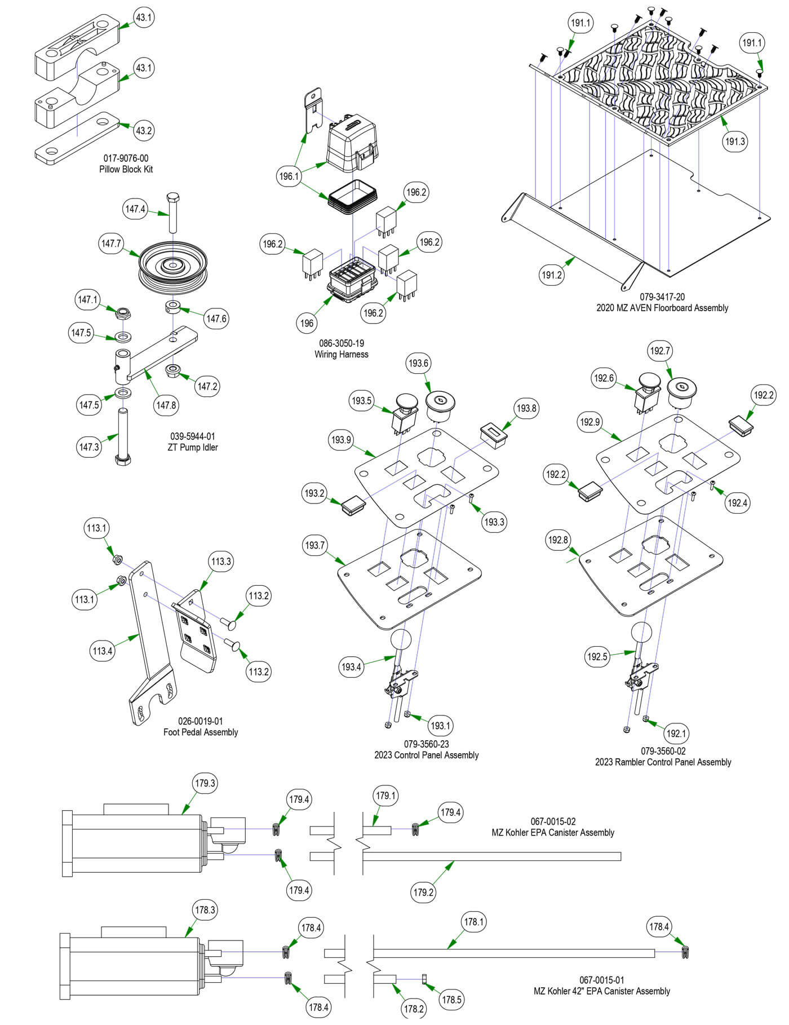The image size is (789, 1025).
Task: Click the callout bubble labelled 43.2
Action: click(x=144, y=130)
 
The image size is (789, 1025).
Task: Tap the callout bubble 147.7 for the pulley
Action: click(x=111, y=244)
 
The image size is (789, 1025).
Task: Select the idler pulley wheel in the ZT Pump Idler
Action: click(x=174, y=268)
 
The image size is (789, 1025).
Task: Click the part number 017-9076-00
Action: click(x=126, y=158)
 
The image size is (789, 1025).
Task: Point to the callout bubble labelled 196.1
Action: click(x=289, y=176)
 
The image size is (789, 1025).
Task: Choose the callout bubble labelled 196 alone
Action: click(x=307, y=323)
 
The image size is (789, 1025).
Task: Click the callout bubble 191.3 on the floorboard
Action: click(x=735, y=142)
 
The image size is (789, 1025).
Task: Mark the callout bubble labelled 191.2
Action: click(x=552, y=275)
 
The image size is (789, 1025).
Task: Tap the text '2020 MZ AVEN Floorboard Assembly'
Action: click(x=662, y=308)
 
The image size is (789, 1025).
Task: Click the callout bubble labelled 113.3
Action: click(x=221, y=562)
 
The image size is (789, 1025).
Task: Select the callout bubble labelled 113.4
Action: click(x=103, y=651)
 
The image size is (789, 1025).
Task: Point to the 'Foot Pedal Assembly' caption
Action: click(x=201, y=732)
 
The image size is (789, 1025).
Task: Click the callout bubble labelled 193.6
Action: click(x=418, y=363)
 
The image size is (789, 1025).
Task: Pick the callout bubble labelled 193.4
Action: click(x=351, y=667)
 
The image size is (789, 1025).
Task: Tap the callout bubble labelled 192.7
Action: click(x=660, y=351)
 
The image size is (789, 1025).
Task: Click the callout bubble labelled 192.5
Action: click(x=597, y=657)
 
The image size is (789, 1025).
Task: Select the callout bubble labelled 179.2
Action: click(x=423, y=893)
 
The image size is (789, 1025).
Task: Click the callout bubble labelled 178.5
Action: click(x=451, y=1000)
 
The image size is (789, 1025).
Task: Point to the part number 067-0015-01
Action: click(x=602, y=980)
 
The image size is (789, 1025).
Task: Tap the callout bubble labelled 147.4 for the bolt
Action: click(x=135, y=209)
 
